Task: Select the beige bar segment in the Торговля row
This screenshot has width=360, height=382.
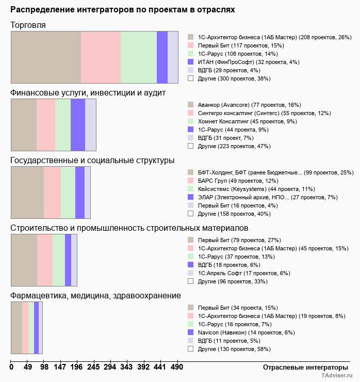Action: tap(46, 57)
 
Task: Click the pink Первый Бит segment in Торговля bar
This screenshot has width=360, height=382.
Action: tap(101, 57)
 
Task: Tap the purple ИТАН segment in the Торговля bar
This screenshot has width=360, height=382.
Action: tap(162, 57)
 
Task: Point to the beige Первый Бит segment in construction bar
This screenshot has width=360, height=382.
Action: tap(24, 260)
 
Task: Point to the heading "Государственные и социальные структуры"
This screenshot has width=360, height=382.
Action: tap(92, 161)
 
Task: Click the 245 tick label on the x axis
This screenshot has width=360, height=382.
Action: tap(93, 367)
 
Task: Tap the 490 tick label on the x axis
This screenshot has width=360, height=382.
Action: tap(177, 367)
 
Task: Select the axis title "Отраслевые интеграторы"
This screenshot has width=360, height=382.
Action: tap(302, 367)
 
